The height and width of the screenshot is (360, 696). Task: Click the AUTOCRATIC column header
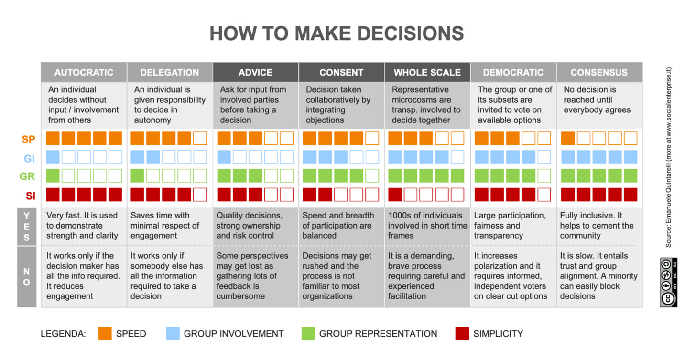point(84,73)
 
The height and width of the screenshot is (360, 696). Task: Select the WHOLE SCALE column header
point(427,73)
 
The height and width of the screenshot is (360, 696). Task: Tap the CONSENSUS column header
point(599,73)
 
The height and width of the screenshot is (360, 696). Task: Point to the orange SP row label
point(28,139)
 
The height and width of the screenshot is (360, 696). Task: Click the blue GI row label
point(29,157)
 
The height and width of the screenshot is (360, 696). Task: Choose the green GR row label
point(28,176)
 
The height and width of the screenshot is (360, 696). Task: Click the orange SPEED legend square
point(105,333)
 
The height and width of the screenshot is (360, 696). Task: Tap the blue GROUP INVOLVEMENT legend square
point(173,333)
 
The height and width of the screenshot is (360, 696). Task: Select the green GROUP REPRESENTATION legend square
point(308,333)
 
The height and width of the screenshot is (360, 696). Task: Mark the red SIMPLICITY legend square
point(462,333)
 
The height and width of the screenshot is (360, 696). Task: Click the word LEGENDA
point(63,334)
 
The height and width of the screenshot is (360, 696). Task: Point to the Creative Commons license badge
point(668,282)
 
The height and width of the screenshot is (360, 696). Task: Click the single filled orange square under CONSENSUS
point(568,138)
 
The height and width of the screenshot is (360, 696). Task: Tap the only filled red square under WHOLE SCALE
point(395,195)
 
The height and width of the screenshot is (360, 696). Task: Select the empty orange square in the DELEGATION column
point(200,138)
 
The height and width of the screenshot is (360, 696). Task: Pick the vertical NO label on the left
point(27,276)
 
